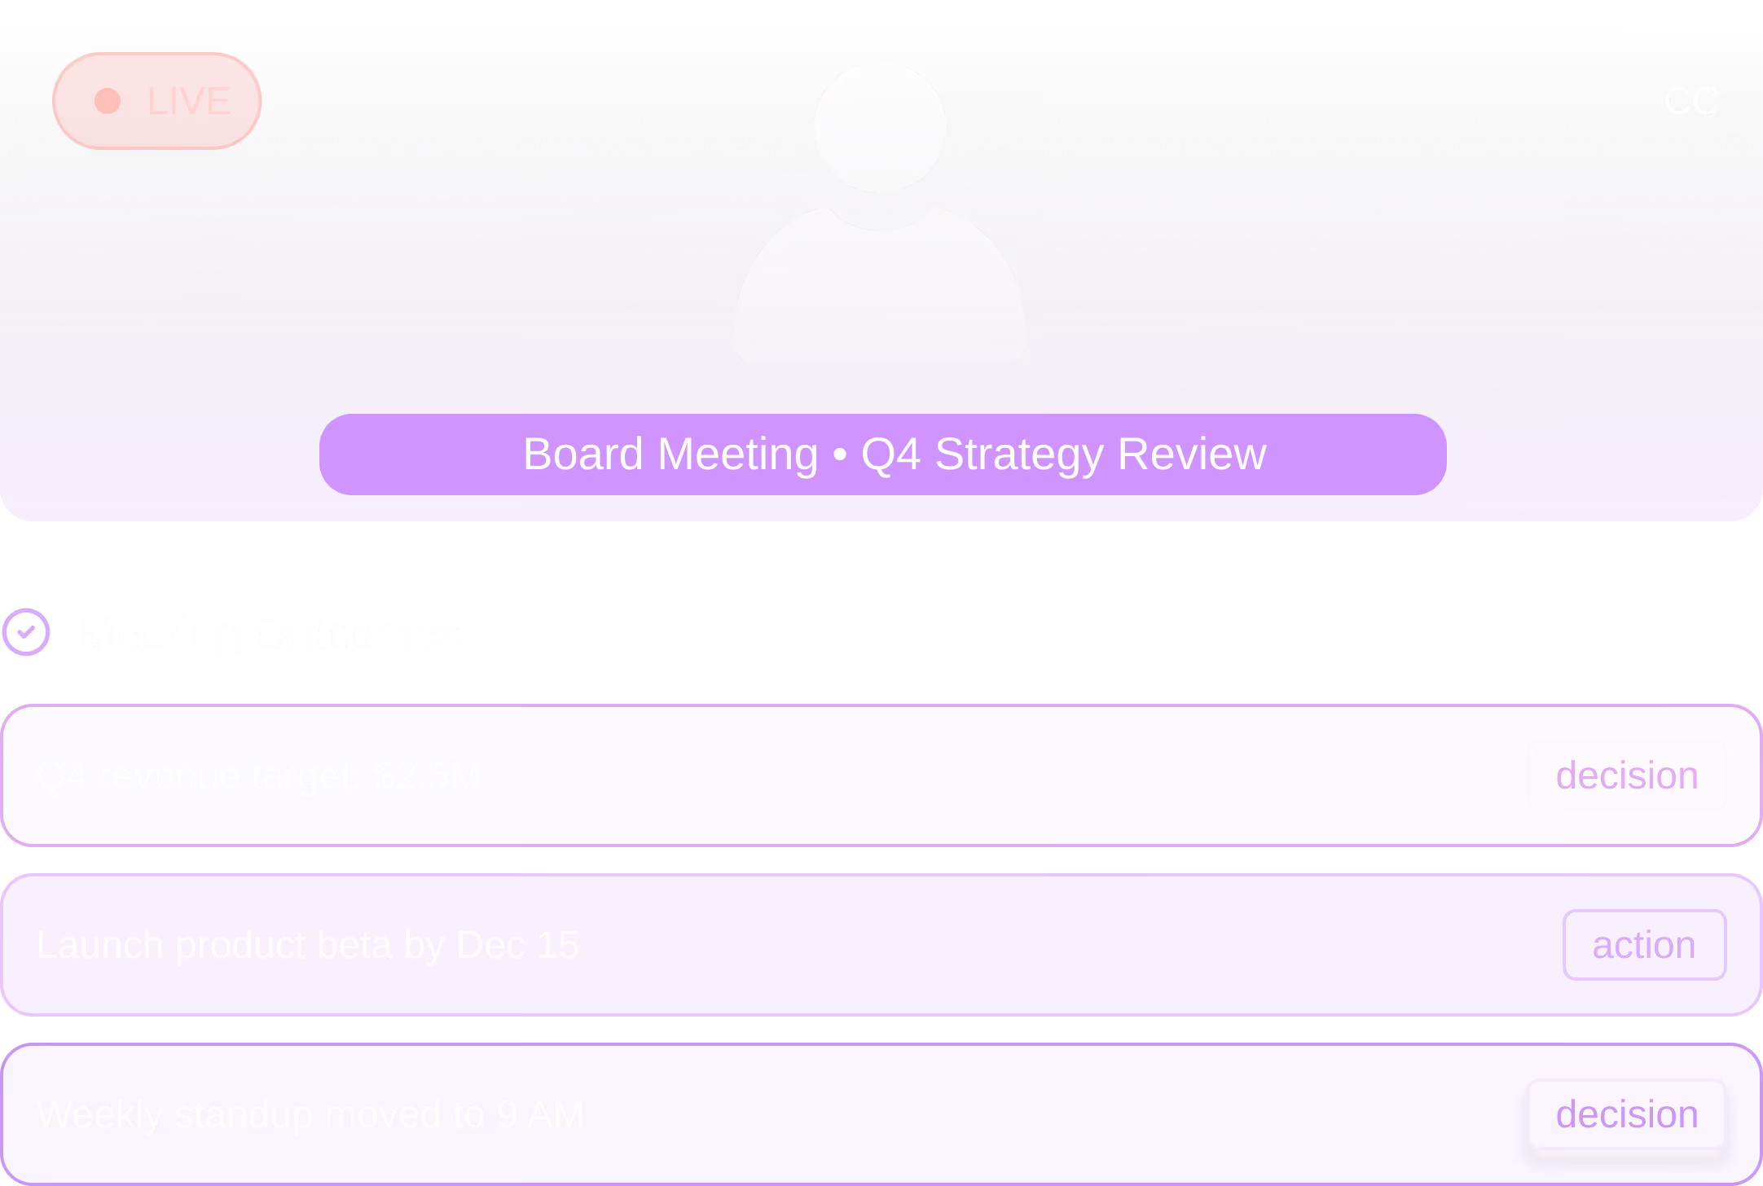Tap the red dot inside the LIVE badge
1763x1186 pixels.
point(108,101)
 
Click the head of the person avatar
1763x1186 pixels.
point(880,127)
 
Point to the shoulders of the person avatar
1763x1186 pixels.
point(880,293)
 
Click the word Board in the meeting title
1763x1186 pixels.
point(583,455)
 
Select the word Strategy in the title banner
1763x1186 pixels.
point(1018,455)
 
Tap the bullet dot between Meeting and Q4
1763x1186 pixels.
point(840,455)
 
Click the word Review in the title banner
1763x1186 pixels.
point(1192,455)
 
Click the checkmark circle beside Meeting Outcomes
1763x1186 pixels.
point(26,632)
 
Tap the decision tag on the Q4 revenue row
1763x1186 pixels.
point(1626,775)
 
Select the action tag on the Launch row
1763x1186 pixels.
point(1643,945)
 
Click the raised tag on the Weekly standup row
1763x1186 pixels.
point(1626,1114)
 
